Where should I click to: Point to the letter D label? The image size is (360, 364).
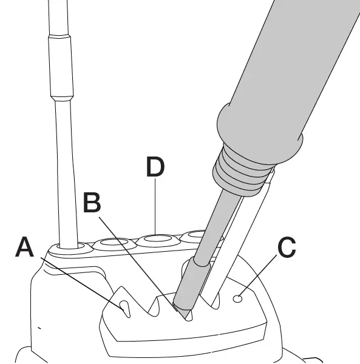click(155, 168)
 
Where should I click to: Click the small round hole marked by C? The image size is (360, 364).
click(239, 297)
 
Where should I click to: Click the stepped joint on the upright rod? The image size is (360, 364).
click(62, 97)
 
